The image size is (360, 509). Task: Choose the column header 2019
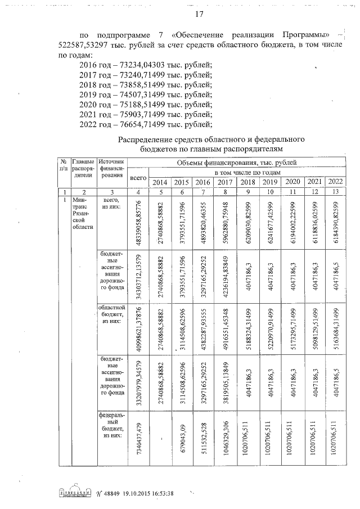pyautogui.click(x=269, y=182)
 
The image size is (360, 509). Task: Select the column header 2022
pyautogui.click(x=335, y=181)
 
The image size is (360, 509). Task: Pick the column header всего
pyautogui.click(x=138, y=177)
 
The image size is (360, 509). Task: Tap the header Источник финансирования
pyautogui.click(x=111, y=167)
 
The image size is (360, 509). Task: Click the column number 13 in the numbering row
pyautogui.click(x=335, y=192)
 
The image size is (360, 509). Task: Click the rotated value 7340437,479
pyautogui.click(x=138, y=437)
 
